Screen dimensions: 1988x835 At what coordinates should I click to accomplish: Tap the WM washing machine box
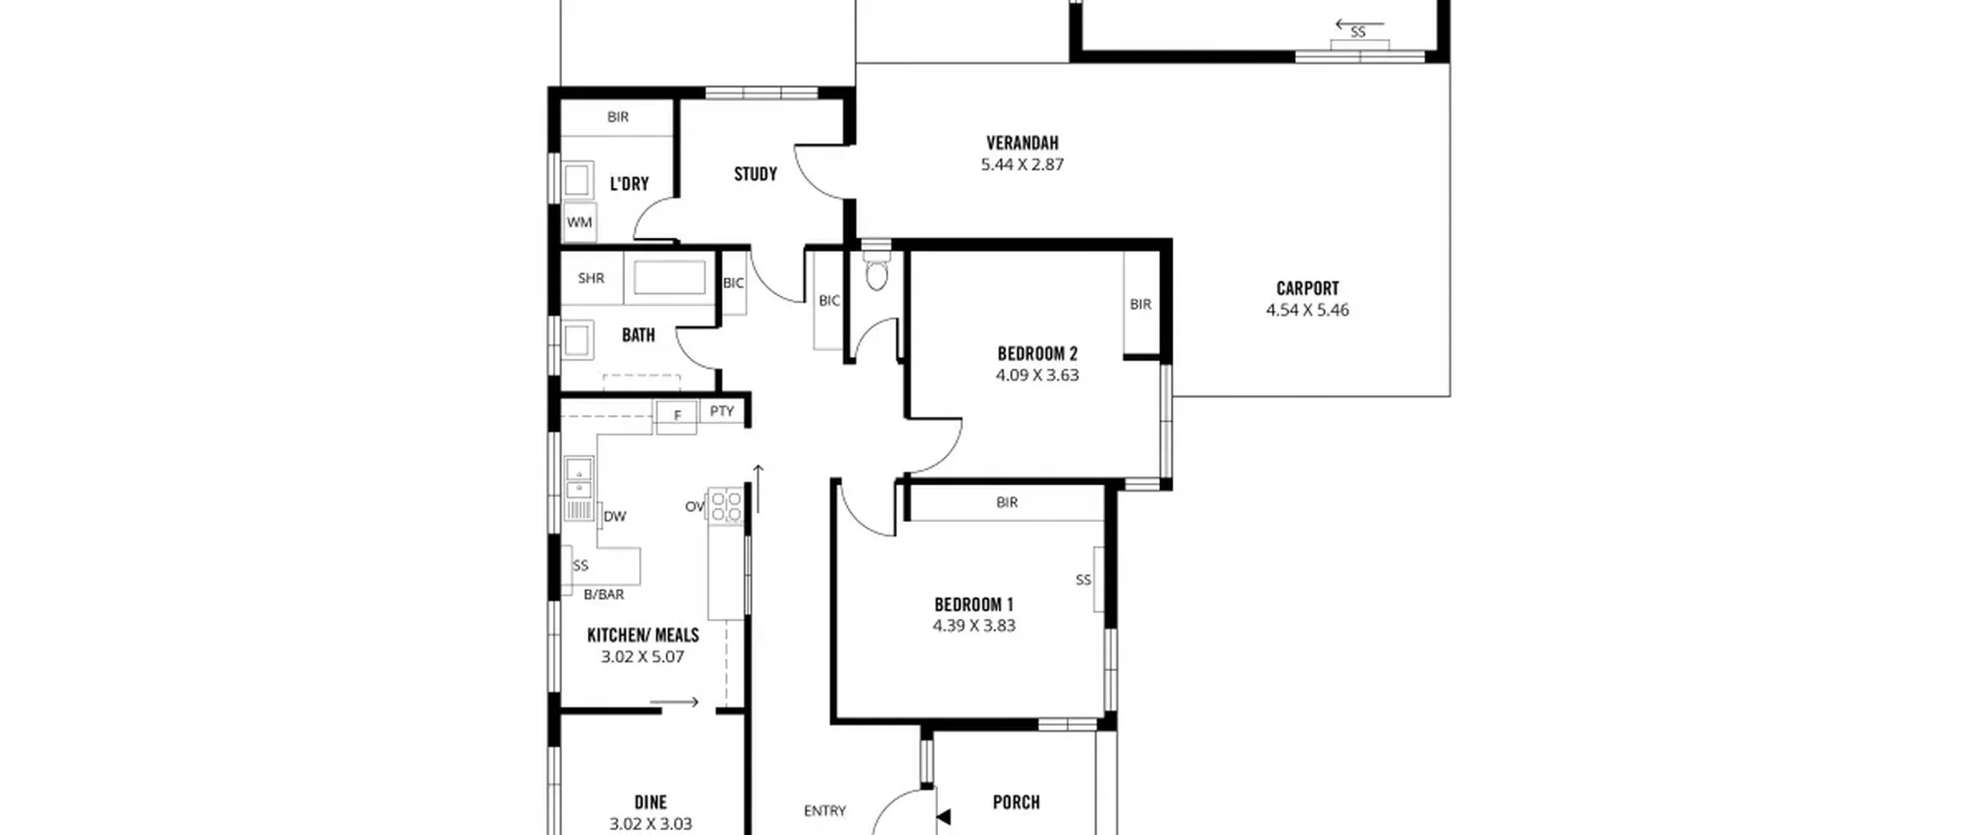(579, 222)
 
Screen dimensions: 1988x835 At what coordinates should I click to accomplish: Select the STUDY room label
(756, 174)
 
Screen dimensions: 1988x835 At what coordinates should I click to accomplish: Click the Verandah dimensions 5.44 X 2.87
(1022, 165)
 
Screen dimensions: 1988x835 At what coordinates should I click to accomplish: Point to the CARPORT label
(1308, 288)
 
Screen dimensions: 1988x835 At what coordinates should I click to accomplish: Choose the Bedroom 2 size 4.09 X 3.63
(1037, 375)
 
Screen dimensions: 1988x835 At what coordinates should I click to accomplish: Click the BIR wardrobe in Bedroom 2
(1141, 304)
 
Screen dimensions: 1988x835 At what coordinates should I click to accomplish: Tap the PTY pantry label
(722, 411)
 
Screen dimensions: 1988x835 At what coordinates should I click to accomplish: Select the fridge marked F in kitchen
(676, 416)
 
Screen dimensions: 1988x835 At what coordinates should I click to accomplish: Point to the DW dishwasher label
(615, 517)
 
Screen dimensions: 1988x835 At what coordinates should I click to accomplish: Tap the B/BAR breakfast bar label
(604, 595)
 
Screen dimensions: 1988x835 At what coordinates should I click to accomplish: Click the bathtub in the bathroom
(669, 278)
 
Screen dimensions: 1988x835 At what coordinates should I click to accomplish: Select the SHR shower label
(591, 278)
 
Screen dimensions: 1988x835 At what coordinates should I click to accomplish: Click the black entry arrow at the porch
(944, 816)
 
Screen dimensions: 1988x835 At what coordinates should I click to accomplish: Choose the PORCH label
(1017, 802)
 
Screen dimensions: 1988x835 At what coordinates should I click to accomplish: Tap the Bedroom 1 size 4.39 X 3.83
(974, 626)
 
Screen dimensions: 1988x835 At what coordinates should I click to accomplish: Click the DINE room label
(651, 802)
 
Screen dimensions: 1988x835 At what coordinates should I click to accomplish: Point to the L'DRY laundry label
(629, 184)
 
